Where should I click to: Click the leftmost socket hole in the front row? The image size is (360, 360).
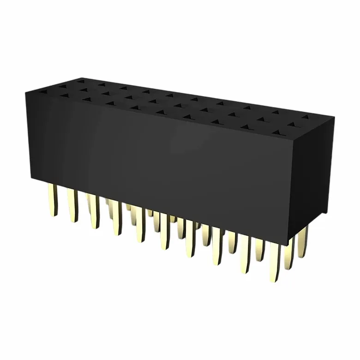click(x=63, y=96)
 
